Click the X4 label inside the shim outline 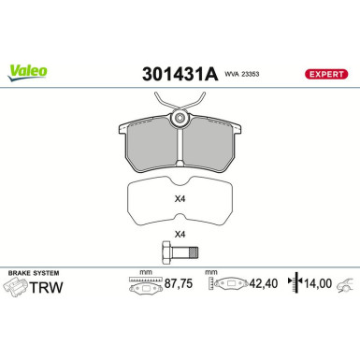[180, 198]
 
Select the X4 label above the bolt [180, 236]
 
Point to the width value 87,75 [175, 287]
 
